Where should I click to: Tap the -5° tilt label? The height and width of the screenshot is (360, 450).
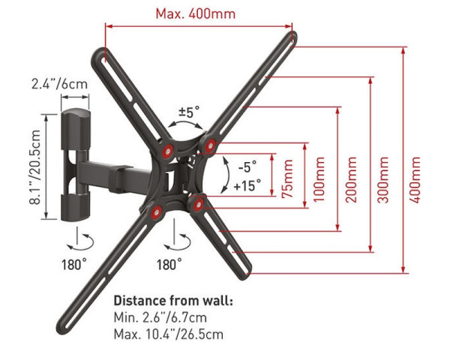[246, 164]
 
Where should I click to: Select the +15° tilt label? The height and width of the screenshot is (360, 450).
[247, 183]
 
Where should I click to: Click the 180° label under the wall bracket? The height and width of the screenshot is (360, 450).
[74, 263]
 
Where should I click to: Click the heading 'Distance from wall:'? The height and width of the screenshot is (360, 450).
[172, 301]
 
